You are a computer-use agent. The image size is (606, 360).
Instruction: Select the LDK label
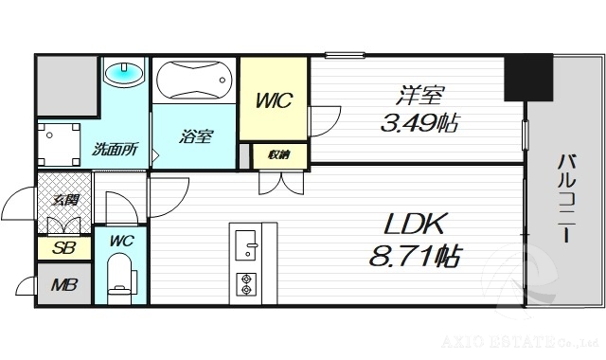click(x=414, y=225)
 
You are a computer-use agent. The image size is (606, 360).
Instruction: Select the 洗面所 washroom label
click(x=115, y=149)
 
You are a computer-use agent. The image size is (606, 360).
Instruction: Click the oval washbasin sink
click(x=123, y=73)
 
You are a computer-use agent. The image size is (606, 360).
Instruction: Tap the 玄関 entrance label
click(x=65, y=199)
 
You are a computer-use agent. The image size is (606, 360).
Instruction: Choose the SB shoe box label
click(x=63, y=247)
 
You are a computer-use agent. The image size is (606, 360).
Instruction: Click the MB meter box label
click(x=63, y=285)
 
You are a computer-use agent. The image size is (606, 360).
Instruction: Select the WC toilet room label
click(x=121, y=241)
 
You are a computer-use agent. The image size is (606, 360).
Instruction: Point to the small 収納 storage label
click(x=278, y=154)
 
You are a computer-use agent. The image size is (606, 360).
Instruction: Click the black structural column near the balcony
click(x=528, y=78)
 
